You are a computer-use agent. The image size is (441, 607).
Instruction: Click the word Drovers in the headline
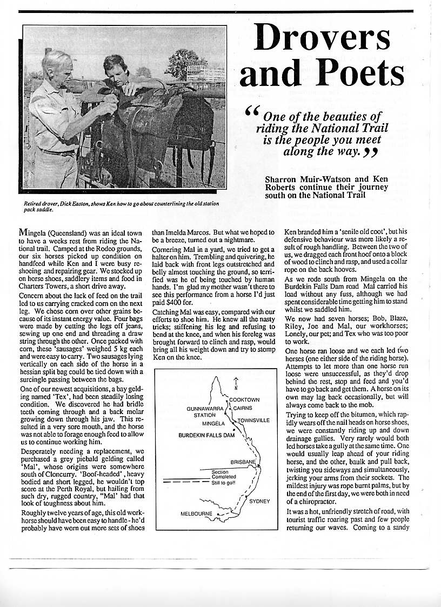323,38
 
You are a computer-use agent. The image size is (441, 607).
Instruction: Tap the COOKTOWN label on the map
244,399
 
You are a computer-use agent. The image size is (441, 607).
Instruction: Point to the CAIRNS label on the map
243,408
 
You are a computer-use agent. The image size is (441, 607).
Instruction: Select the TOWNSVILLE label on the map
253,419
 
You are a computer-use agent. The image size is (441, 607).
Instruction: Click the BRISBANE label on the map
243,462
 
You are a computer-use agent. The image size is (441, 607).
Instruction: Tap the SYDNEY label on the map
259,501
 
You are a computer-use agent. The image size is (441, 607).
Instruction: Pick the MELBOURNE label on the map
196,513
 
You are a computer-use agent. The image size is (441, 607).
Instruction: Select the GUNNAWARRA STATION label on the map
205,412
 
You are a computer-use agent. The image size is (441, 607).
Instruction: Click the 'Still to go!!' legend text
223,482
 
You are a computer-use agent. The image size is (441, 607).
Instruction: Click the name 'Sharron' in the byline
282,179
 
